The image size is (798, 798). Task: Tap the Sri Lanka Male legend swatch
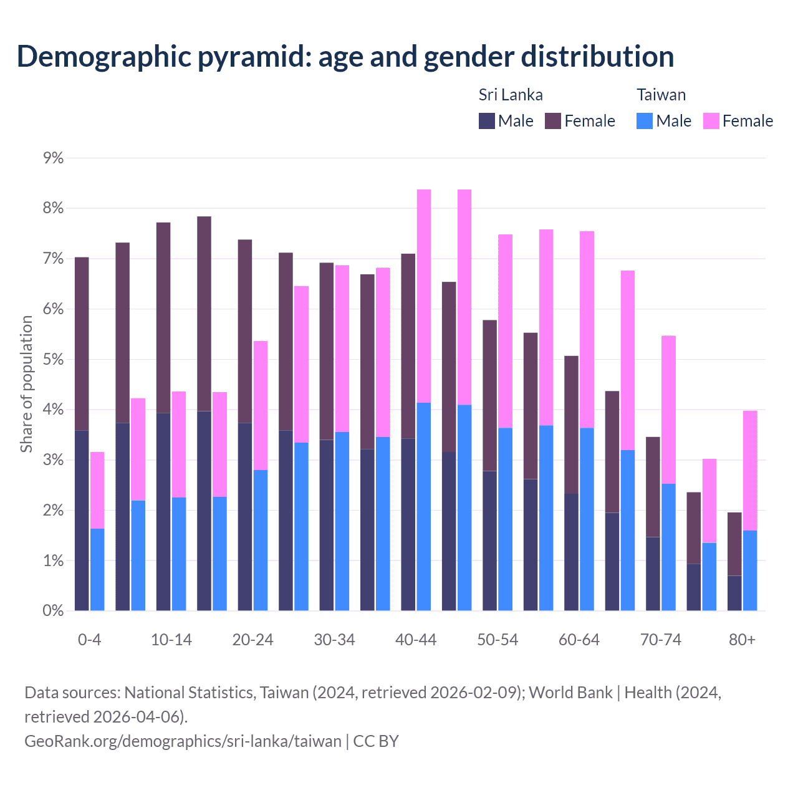487,121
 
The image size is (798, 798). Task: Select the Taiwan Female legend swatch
711,121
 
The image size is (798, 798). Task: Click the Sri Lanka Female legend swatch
553,121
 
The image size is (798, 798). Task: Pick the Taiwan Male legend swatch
645,121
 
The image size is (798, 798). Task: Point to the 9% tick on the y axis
54,158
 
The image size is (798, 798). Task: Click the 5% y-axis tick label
54,360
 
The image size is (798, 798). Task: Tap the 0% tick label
54,611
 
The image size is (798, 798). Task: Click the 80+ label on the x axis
742,640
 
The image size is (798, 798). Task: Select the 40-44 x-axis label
416,640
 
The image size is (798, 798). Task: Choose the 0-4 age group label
89,640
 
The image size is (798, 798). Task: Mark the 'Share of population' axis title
26,383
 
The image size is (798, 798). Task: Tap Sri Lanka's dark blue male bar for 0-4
82,521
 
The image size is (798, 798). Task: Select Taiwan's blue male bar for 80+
750,570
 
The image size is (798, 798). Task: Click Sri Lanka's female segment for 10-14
163,318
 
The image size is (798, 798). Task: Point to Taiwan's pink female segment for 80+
750,471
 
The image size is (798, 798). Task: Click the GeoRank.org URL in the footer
183,741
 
